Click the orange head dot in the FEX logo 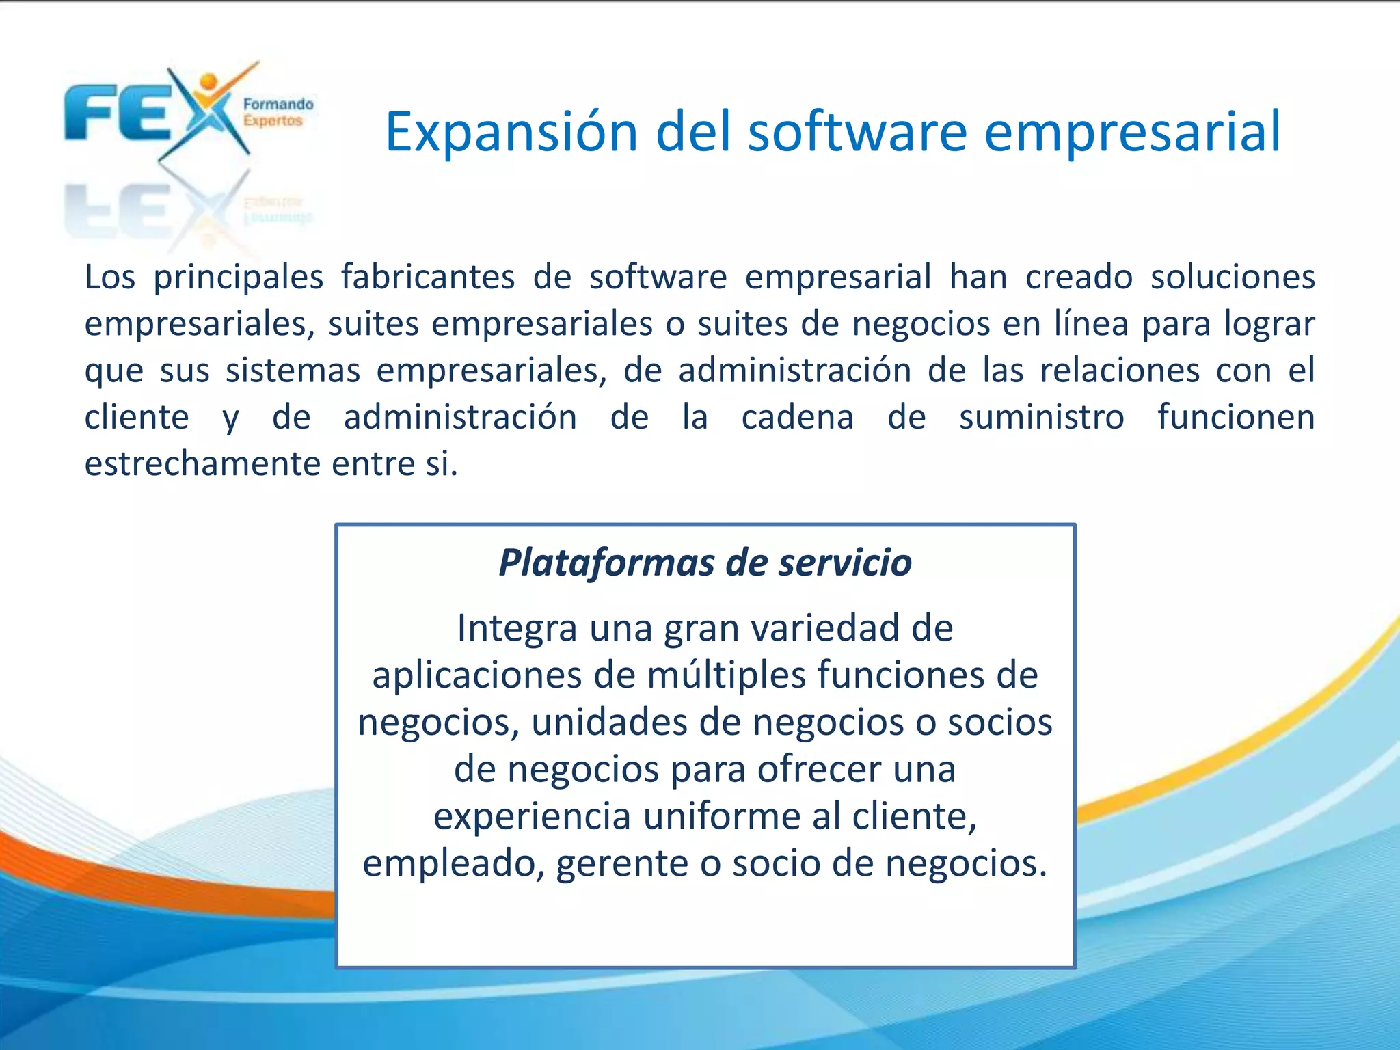click(208, 82)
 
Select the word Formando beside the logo click(278, 105)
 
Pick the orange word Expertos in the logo click(272, 121)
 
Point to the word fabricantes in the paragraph click(428, 278)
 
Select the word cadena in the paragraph click(797, 418)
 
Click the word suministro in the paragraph click(1041, 418)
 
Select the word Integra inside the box click(517, 628)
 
